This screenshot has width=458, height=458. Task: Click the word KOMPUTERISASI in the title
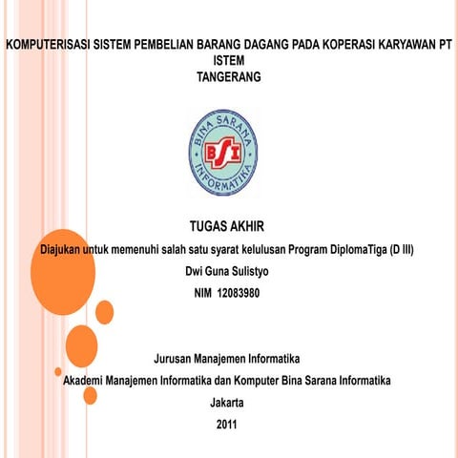pyautogui.click(x=48, y=44)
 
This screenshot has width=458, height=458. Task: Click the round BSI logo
pyautogui.click(x=226, y=150)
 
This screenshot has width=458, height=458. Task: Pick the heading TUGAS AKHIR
pyautogui.click(x=226, y=227)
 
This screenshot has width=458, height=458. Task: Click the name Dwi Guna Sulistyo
pyautogui.click(x=227, y=272)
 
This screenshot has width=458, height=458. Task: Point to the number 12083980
pyautogui.click(x=239, y=292)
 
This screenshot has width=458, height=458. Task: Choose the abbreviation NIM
pyautogui.click(x=203, y=292)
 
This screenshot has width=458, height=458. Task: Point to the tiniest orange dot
pyautogui.click(x=58, y=371)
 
